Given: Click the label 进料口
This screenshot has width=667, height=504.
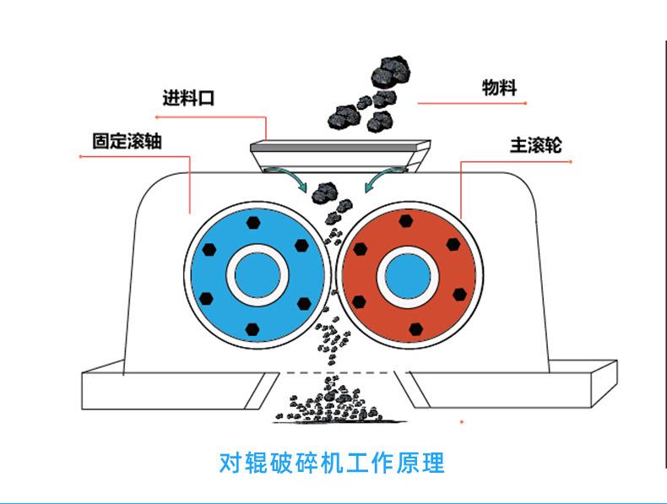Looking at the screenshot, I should pyautogui.click(x=188, y=98).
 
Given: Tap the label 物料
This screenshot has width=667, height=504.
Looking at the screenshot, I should pyautogui.click(x=499, y=87).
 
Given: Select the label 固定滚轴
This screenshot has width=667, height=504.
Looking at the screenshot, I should pyautogui.click(x=127, y=140).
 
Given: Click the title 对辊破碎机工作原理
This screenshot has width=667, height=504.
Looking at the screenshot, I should pyautogui.click(x=332, y=463).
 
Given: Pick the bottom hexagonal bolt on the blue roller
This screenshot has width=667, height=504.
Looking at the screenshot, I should pyautogui.click(x=252, y=328).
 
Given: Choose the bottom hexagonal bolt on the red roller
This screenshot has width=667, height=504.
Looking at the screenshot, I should pyautogui.click(x=415, y=328).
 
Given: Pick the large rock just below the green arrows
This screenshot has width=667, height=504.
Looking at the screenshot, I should pyautogui.click(x=322, y=195).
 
